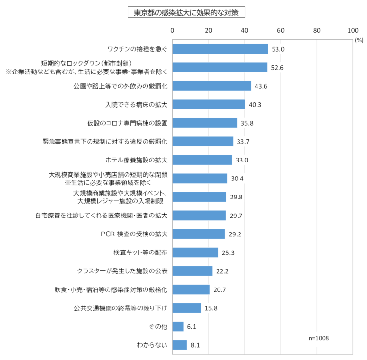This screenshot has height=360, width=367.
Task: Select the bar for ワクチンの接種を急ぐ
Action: coord(220,49)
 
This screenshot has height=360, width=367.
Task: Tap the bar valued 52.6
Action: coord(220,67)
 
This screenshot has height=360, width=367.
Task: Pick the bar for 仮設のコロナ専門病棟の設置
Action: coord(204,123)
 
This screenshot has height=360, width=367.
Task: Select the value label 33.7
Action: coord(243,142)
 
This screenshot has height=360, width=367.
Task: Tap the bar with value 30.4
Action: coord(200,179)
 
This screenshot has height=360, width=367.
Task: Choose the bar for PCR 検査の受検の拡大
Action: coord(199,234)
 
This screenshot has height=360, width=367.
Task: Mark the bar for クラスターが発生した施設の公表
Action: coord(192,271)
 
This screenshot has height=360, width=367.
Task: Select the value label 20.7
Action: coord(220,290)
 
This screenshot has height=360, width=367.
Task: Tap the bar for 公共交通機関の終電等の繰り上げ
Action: coord(186,308)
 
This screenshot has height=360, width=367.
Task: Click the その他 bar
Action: coord(178,326)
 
